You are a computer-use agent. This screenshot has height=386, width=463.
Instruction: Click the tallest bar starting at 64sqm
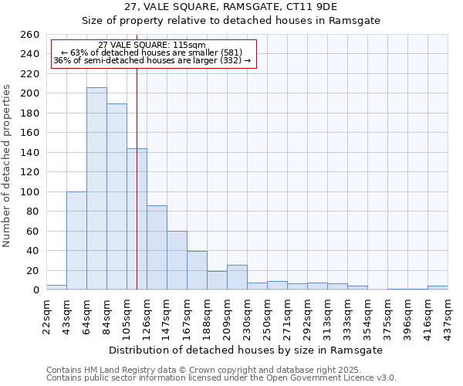click(x=96, y=189)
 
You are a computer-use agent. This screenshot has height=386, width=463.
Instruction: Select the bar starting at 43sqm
click(x=76, y=241)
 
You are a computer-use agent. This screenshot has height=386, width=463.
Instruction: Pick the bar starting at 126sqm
click(x=157, y=248)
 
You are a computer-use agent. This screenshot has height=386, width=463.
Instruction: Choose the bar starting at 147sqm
click(x=177, y=260)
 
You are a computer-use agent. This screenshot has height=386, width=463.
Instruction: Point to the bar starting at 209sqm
click(x=237, y=278)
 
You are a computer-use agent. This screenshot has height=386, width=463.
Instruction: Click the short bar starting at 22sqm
click(x=56, y=287)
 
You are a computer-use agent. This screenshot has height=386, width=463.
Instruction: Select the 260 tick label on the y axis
click(x=29, y=35)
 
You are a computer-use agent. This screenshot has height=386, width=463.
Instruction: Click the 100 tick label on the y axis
click(x=29, y=192)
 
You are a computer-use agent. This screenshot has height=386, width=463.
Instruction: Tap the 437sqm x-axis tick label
click(x=448, y=316)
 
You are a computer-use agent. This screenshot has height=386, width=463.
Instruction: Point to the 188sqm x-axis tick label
click(x=208, y=316)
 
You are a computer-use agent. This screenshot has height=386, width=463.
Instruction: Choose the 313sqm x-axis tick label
click(x=328, y=316)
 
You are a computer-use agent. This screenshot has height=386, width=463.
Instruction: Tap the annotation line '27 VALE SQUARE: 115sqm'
click(x=152, y=46)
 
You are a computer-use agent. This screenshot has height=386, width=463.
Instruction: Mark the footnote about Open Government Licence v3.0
click(x=221, y=378)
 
